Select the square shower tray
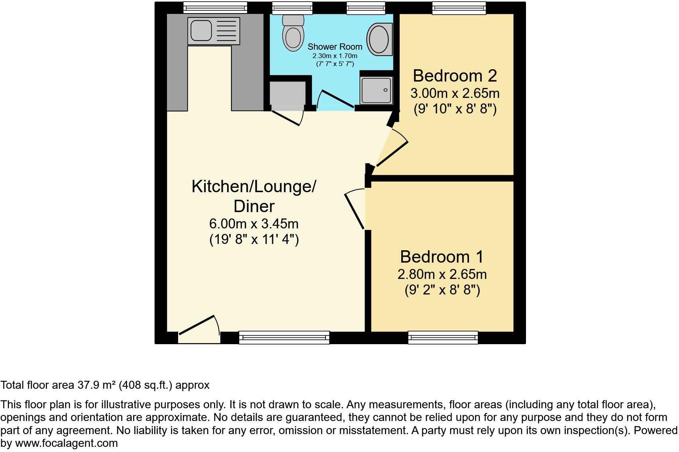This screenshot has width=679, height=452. coord(376,90)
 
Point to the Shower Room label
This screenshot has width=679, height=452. coord(335,47)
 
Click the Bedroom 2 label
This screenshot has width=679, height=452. coord(455,76)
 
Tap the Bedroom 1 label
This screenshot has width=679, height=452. coord(442,257)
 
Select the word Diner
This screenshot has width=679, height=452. coord(254,207)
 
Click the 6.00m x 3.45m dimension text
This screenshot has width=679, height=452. coord(254,224)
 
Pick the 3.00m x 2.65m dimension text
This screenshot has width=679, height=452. coord(455,94)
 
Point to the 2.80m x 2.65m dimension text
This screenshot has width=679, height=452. coord(442,275)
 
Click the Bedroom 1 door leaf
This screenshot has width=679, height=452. coord(354,211)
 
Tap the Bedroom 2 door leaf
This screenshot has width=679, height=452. coord(392,154)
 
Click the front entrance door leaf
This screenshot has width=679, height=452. coord(197,325)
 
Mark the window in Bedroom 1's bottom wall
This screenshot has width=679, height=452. coord(443,337)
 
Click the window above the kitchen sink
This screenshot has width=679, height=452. coord(215,8)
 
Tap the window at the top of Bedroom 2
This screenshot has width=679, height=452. coord(459,8)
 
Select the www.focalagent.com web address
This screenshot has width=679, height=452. coord(67,444)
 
